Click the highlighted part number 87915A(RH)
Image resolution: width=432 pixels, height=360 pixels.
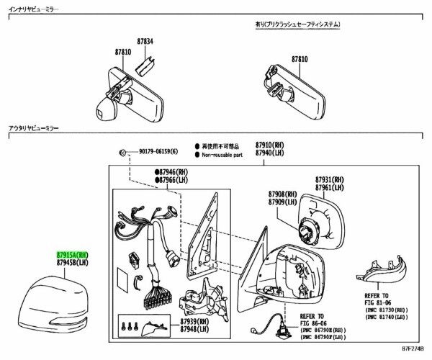73,254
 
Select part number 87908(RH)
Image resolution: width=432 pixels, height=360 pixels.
282,194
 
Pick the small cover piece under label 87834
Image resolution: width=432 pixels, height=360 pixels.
144,65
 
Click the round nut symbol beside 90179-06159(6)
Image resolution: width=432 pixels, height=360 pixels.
124,152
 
